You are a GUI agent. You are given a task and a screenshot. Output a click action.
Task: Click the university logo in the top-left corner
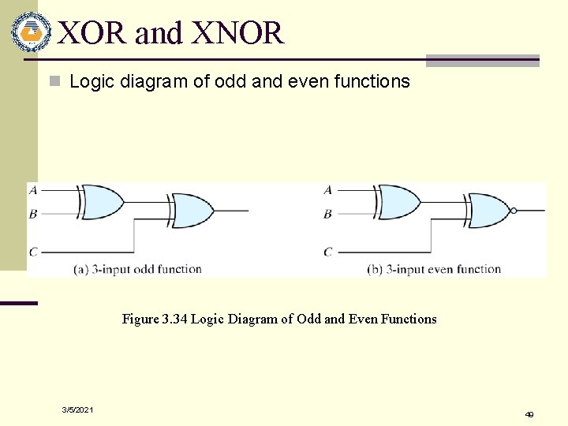pos(31,32)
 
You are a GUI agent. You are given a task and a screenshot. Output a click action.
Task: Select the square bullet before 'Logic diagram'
pos(54,81)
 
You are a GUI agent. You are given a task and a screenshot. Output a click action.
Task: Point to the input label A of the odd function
pos(32,189)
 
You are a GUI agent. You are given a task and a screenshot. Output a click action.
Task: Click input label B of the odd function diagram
pos(32,213)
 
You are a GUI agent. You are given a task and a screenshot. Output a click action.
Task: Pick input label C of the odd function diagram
pos(32,252)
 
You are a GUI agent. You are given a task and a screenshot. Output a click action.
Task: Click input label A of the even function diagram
pos(328,189)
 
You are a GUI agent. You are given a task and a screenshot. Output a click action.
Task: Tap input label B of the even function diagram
pos(328,213)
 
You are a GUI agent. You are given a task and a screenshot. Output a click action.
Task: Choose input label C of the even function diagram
pos(328,252)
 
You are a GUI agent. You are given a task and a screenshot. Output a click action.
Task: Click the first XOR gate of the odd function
pos(101,201)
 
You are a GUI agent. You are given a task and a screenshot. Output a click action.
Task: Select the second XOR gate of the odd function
pos(192,211)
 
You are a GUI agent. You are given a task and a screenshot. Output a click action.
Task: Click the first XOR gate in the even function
pos(398,201)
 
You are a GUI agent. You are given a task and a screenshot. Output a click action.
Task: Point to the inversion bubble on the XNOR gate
pos(514,211)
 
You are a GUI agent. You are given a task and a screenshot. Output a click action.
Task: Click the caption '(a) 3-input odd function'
pos(137,269)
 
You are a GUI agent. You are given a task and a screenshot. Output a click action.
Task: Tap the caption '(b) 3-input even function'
pos(434,269)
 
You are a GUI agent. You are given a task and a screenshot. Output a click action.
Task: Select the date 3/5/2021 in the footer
pos(78,409)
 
